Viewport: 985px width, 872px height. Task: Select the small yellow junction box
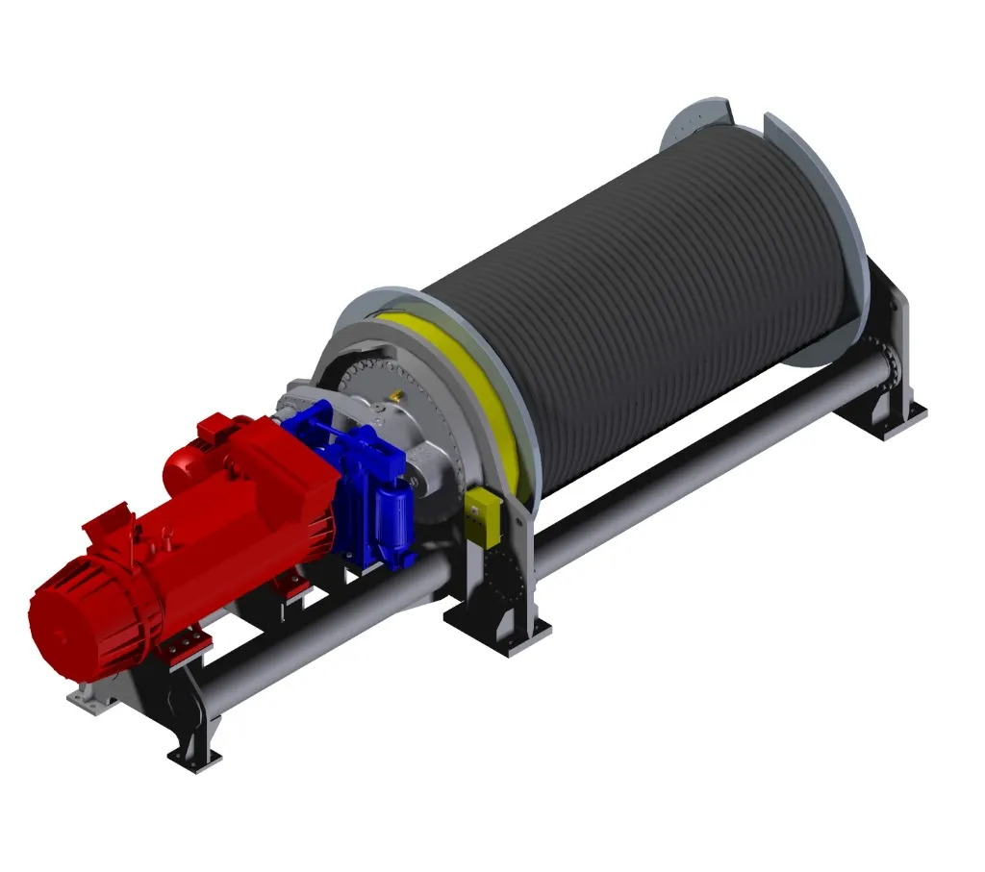click(x=478, y=515)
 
